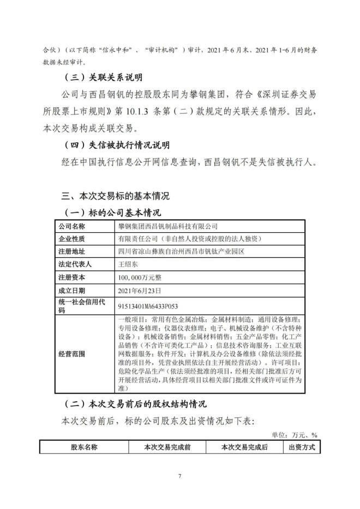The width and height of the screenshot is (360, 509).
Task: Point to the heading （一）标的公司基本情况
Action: pos(112,212)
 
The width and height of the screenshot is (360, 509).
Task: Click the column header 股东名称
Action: pos(83,447)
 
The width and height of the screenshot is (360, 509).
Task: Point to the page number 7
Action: pos(179,477)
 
